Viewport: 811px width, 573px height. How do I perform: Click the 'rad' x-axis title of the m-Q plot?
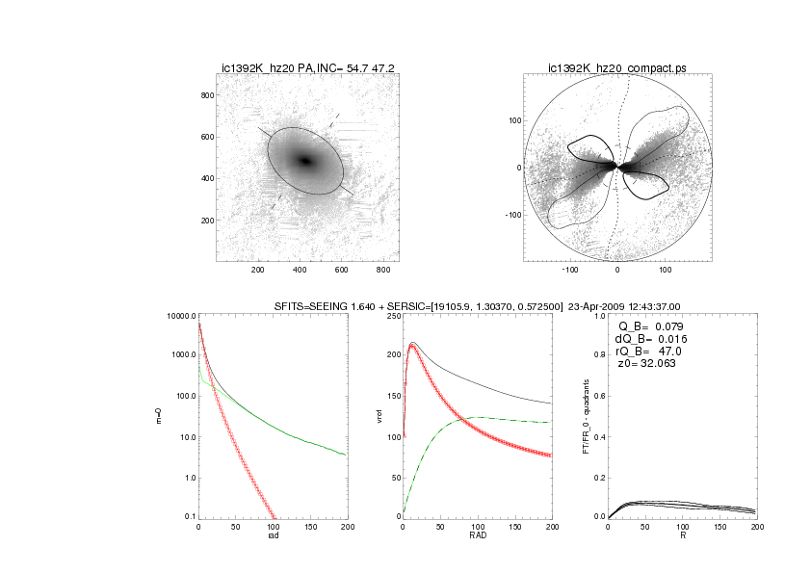273,536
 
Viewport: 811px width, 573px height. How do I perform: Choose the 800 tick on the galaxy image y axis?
205,95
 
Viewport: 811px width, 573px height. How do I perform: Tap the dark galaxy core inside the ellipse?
306,161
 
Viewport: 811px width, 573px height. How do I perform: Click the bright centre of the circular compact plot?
617,167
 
